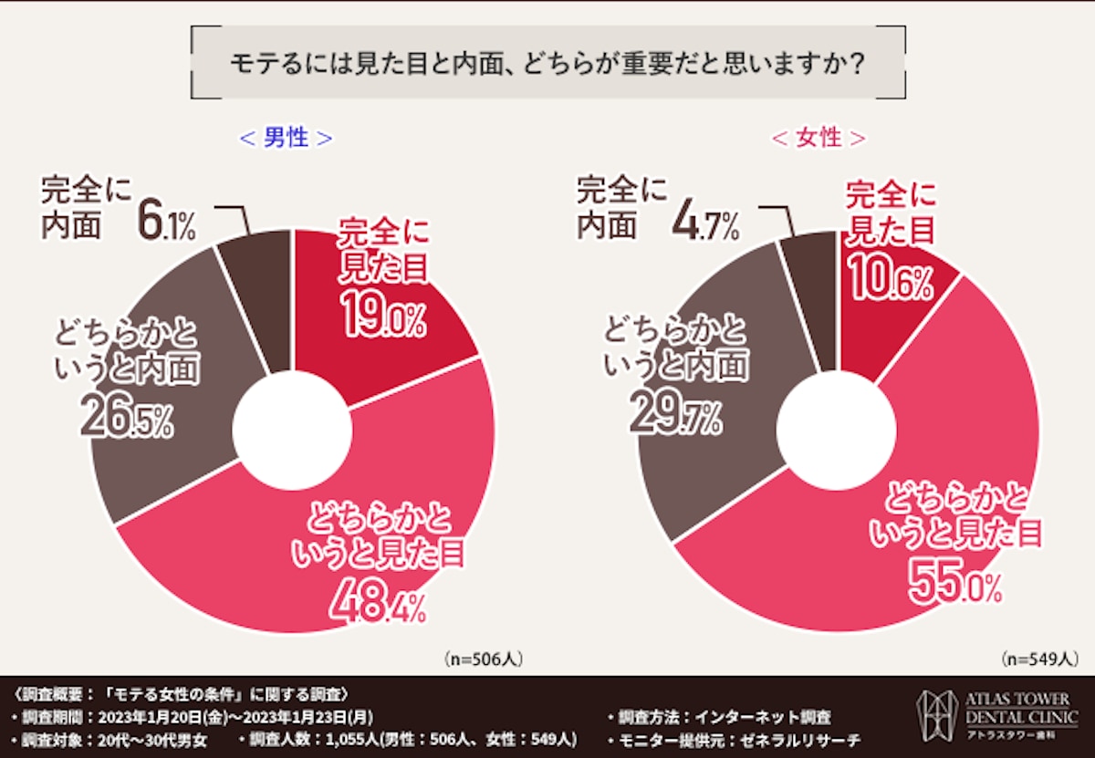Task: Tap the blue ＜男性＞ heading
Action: (286, 138)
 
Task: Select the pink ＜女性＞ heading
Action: (819, 138)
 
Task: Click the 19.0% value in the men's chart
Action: (384, 316)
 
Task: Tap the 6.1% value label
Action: (167, 222)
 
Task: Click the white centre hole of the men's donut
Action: (292, 429)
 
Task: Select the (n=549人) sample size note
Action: (1039, 657)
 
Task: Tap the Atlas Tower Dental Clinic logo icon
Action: (935, 713)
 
